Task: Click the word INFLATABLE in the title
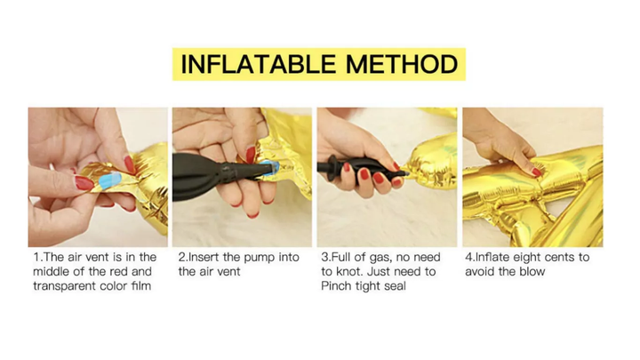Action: pyautogui.click(x=258, y=65)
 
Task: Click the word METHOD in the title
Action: pyautogui.click(x=402, y=65)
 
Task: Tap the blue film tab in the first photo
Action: pyautogui.click(x=109, y=180)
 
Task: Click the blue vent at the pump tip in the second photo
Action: pyautogui.click(x=268, y=168)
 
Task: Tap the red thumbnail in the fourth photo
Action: pyautogui.click(x=536, y=172)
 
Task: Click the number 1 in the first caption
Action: pyautogui.click(x=36, y=257)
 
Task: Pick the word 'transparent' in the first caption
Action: pyautogui.click(x=66, y=285)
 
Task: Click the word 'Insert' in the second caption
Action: pyautogui.click(x=204, y=257)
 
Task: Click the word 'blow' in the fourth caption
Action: pyautogui.click(x=532, y=271)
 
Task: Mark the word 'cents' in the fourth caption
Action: pyautogui.click(x=563, y=257)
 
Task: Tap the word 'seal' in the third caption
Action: pyautogui.click(x=395, y=285)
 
